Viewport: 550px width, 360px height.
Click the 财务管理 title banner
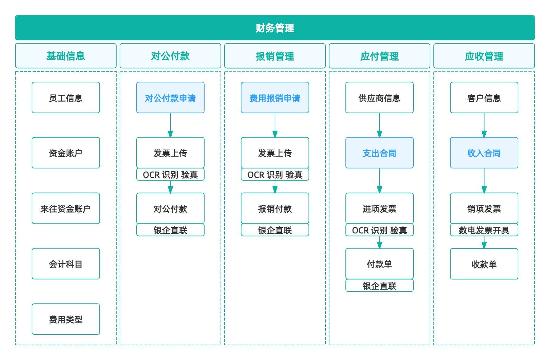pyautogui.click(x=275, y=28)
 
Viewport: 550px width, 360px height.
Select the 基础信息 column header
pyautogui.click(x=66, y=56)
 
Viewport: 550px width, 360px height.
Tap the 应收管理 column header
pyautogui.click(x=484, y=56)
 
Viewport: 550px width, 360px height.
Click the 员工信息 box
pyautogui.click(x=66, y=98)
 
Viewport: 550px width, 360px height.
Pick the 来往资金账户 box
pyautogui.click(x=66, y=208)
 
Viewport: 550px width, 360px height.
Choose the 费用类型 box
pyautogui.click(x=66, y=319)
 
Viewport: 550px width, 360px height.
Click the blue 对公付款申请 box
pyautogui.click(x=170, y=98)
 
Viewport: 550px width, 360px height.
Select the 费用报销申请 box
pyautogui.click(x=275, y=98)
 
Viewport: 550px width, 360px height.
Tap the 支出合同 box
pyautogui.click(x=379, y=153)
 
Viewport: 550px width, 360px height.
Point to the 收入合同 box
pyautogui.click(x=484, y=153)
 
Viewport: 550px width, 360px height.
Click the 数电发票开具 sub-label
pyautogui.click(x=484, y=230)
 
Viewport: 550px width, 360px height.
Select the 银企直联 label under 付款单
pyautogui.click(x=379, y=286)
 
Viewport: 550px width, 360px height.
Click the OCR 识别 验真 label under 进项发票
pyautogui.click(x=379, y=230)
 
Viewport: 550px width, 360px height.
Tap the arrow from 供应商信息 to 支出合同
pyautogui.click(x=379, y=125)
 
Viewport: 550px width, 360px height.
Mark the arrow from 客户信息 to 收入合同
pyautogui.click(x=484, y=125)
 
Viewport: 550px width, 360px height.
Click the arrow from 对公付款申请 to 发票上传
pyautogui.click(x=170, y=125)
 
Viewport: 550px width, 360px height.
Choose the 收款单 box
pyautogui.click(x=484, y=264)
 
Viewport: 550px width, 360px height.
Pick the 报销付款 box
pyautogui.click(x=275, y=208)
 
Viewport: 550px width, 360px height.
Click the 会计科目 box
pyautogui.click(x=66, y=264)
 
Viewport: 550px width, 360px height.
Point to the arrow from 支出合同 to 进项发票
pyautogui.click(x=379, y=181)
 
